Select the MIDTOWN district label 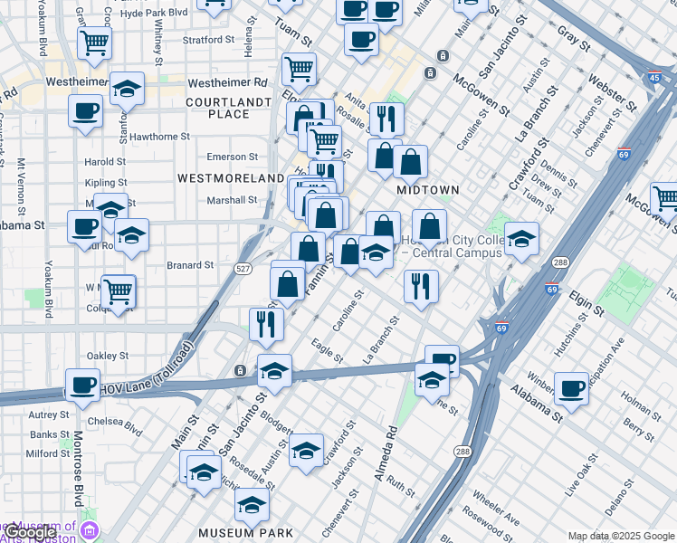point(428,190)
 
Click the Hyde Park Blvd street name point(154,14)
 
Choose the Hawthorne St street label point(159,137)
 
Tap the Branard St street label point(190,265)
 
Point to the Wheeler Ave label point(495,510)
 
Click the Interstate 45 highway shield point(653,79)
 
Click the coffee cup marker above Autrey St point(83,386)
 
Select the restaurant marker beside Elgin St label point(421,286)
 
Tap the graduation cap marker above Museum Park point(252,504)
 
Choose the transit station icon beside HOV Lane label point(240,370)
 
